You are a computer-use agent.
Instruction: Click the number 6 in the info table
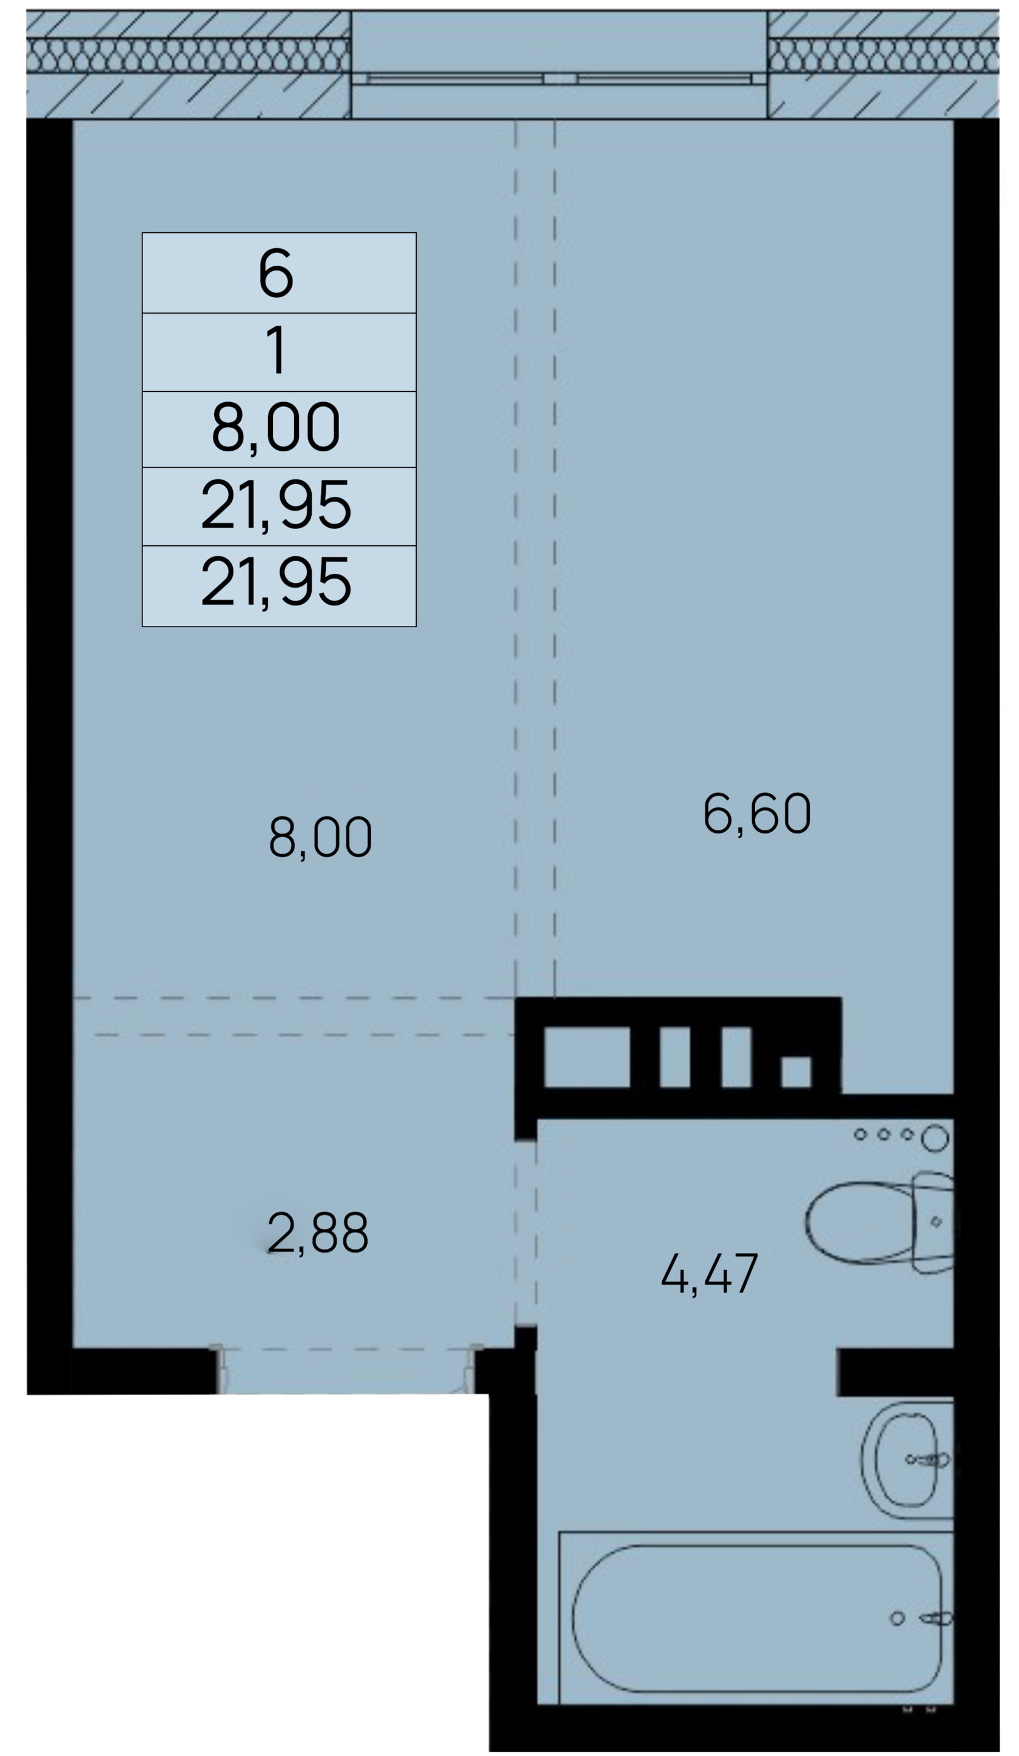pyautogui.click(x=275, y=272)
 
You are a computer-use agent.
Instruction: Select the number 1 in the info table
pyautogui.click(x=277, y=350)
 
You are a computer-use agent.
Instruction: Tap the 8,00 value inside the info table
pyautogui.click(x=275, y=426)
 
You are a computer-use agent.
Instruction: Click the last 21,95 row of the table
pyautogui.click(x=275, y=582)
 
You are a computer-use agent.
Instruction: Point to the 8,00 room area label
pyautogui.click(x=320, y=836)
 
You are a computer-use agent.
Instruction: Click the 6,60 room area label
pyautogui.click(x=756, y=813)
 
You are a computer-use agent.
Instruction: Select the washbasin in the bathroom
pyautogui.click(x=907, y=1460)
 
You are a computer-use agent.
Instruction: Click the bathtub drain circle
pyautogui.click(x=897, y=1618)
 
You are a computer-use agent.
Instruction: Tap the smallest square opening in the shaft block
pyautogui.click(x=796, y=1072)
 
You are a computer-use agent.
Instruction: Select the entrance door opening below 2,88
pyautogui.click(x=346, y=1371)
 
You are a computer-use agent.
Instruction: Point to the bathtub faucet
pyautogui.click(x=936, y=1618)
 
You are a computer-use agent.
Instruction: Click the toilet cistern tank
pyautogui.click(x=933, y=1222)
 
